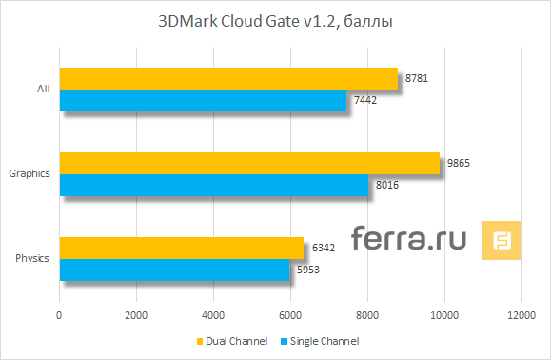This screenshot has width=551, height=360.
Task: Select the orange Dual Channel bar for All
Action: point(228,78)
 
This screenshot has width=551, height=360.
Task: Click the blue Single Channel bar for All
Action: point(203,100)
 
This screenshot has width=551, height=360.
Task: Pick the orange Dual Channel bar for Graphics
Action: point(249,163)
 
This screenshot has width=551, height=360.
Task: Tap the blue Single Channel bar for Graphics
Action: point(214,185)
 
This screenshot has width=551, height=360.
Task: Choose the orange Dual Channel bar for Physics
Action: point(182,248)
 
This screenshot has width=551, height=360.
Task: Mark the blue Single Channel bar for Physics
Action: point(174,270)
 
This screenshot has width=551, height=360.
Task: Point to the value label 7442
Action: point(364,100)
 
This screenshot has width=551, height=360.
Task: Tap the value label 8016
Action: point(385,185)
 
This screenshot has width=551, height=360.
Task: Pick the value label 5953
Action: point(306,270)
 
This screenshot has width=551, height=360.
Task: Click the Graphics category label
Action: point(29,174)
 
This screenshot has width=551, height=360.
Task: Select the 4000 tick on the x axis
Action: point(213,315)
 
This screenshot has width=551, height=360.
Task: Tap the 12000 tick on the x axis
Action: point(521,315)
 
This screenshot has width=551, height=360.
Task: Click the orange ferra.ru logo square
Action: point(502,240)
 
